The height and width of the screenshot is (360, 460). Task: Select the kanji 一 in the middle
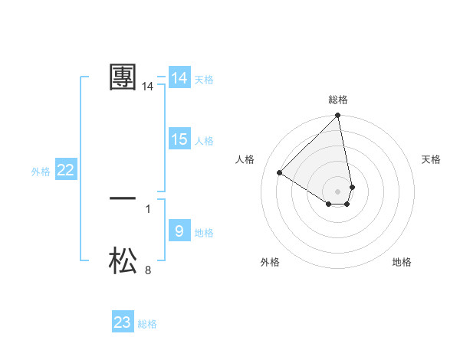click(x=123, y=198)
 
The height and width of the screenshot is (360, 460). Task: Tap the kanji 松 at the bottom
click(x=123, y=260)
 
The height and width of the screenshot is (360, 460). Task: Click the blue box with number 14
click(x=179, y=78)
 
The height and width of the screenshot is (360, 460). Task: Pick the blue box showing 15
click(x=179, y=139)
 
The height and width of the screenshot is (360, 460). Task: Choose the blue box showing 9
click(x=179, y=231)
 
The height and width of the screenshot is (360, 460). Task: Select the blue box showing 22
click(x=65, y=170)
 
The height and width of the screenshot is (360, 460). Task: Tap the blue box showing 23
click(x=123, y=322)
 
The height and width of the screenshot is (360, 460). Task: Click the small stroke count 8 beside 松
click(x=148, y=270)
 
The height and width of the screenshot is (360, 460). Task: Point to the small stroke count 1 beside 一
click(x=148, y=208)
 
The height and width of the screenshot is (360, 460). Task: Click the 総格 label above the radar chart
click(x=338, y=100)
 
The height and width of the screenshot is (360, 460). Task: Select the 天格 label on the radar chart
click(x=431, y=159)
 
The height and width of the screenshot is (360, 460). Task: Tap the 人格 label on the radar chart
click(x=245, y=159)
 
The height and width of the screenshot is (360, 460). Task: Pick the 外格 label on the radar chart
click(x=270, y=262)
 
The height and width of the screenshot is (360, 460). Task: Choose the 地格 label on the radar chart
click(x=402, y=262)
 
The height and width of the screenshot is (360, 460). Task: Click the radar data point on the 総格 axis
click(x=338, y=116)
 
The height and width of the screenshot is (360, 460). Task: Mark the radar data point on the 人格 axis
click(x=280, y=173)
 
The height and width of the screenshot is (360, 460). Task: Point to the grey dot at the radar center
click(x=338, y=191)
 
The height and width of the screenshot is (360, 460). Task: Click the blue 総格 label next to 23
click(x=147, y=324)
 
